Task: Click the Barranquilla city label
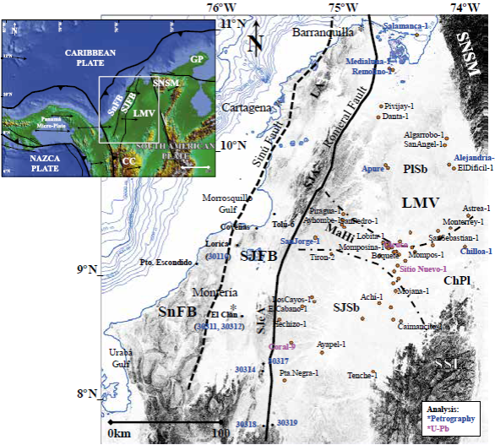coord(323,33)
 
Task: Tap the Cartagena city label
coord(246,108)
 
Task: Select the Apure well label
coord(373,169)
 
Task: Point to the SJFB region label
coord(259,257)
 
